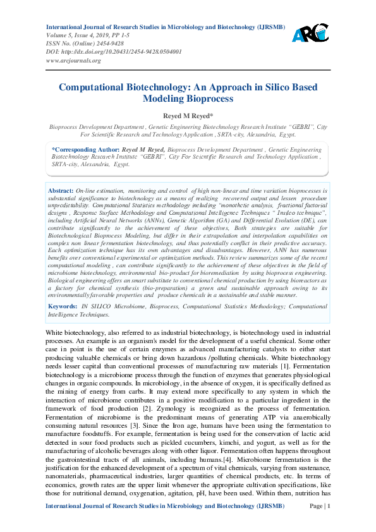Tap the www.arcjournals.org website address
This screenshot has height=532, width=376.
click(73, 61)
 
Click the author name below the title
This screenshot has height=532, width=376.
click(188, 116)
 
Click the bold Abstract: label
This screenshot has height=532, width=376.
click(61, 190)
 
